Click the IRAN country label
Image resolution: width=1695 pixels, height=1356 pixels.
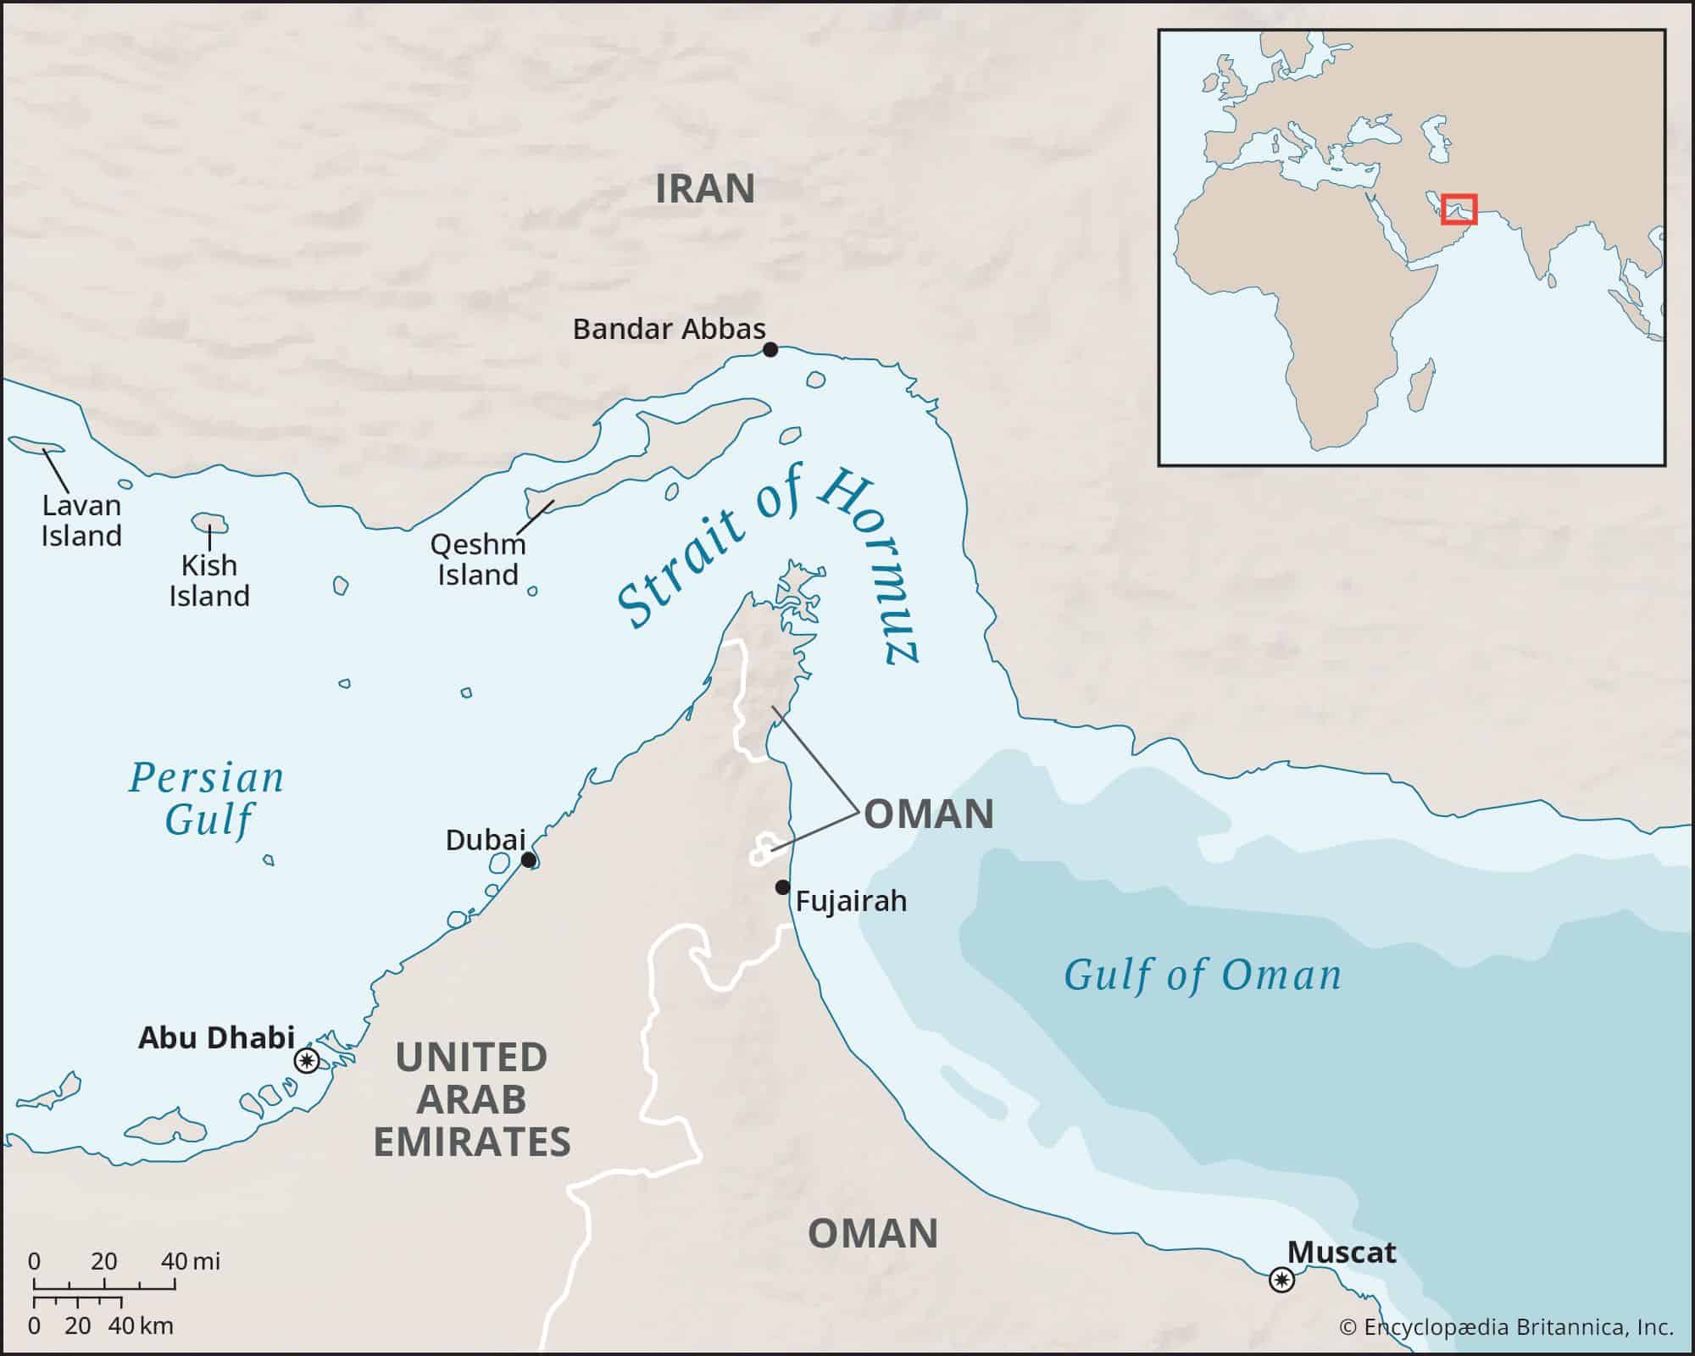click(x=704, y=188)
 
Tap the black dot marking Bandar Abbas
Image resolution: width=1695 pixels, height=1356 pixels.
click(x=770, y=349)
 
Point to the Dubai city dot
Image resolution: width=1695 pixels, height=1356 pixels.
click(x=528, y=860)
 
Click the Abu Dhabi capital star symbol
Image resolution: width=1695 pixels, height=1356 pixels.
click(x=306, y=1060)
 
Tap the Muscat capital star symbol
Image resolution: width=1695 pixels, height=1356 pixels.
click(x=1281, y=1280)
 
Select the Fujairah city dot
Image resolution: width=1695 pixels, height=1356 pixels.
click(x=782, y=887)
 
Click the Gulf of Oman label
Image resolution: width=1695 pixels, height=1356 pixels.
click(x=1203, y=975)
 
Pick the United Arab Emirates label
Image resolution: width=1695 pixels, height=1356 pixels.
click(x=472, y=1099)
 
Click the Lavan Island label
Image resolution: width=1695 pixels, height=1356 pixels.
click(x=81, y=520)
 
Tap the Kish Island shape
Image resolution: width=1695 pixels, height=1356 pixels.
click(x=209, y=523)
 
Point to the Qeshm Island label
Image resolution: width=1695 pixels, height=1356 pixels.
click(x=478, y=559)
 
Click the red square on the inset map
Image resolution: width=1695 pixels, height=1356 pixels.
click(x=1459, y=209)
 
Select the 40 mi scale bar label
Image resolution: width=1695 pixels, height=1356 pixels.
click(x=191, y=1261)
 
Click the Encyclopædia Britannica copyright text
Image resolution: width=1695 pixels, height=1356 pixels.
click(x=1506, y=1327)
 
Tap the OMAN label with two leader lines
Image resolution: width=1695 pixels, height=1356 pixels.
click(x=928, y=814)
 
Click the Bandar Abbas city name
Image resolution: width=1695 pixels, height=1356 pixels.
click(x=669, y=329)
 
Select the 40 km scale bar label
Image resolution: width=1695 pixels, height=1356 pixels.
click(x=141, y=1325)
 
